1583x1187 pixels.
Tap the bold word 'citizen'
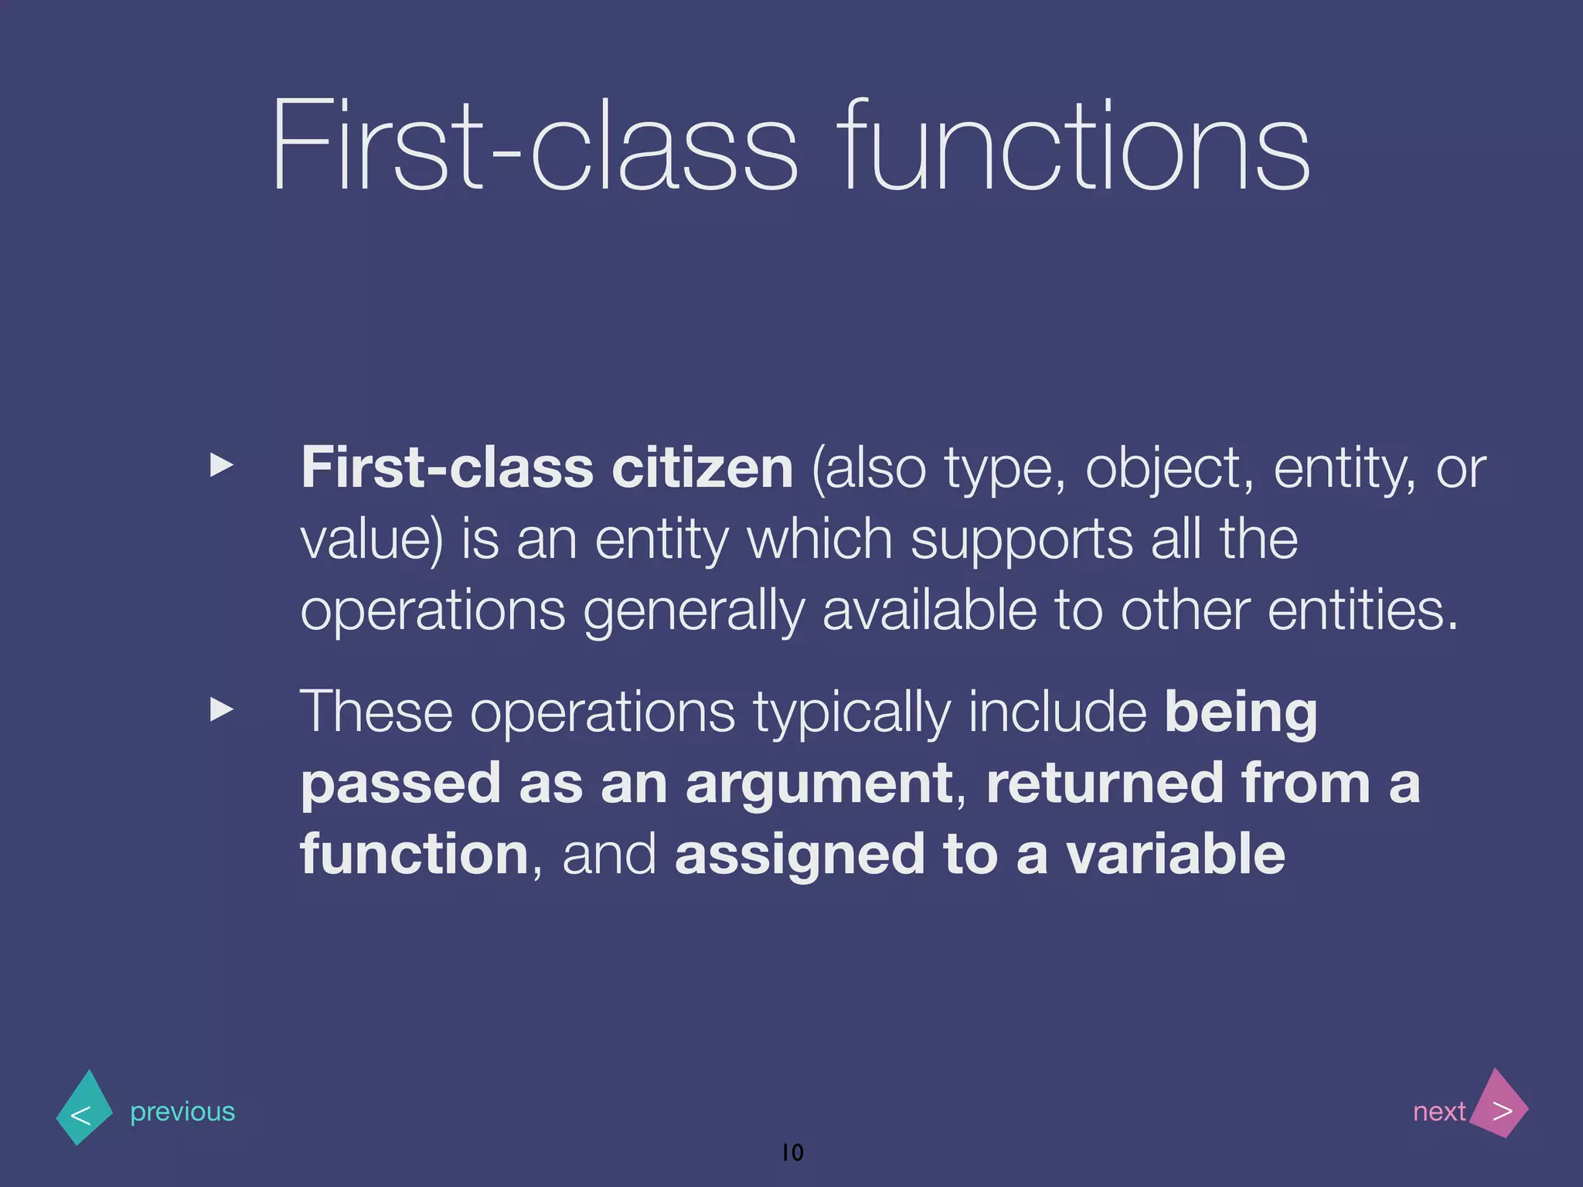click(x=702, y=468)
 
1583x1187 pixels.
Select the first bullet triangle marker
click(x=222, y=465)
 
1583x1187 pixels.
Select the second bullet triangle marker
click(x=222, y=709)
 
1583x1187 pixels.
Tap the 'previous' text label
click(x=182, y=1111)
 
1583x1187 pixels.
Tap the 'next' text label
click(x=1438, y=1111)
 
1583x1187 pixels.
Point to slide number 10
click(x=793, y=1152)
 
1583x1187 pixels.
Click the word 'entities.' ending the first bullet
click(x=1363, y=611)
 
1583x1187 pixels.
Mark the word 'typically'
click(x=851, y=713)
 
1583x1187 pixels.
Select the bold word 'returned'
click(x=1105, y=784)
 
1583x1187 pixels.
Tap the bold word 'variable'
click(x=1176, y=855)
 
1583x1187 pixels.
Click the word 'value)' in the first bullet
click(x=372, y=539)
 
